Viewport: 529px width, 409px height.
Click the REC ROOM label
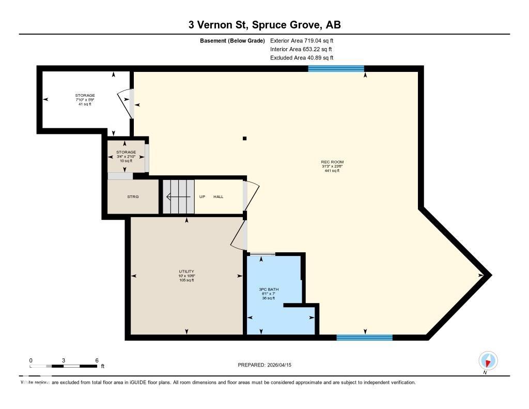332,162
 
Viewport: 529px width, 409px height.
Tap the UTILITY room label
186,271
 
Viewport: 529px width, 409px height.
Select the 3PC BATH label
268,290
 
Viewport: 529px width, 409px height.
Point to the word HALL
219,196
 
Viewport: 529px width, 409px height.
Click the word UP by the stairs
203,196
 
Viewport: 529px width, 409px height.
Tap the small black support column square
245,138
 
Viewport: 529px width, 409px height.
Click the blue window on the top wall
336,68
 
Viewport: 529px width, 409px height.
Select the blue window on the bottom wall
364,338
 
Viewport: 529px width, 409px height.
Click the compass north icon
488,360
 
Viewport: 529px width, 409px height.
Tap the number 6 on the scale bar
97,360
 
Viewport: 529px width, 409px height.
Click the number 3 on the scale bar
64,360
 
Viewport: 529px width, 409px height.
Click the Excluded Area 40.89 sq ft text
302,58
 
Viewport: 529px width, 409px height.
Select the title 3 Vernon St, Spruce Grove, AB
264,25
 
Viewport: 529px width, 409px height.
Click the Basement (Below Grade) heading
232,40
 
